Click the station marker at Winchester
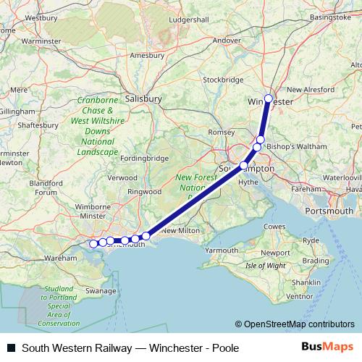[269, 98]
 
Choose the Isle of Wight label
[265, 266]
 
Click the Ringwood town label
[143, 192]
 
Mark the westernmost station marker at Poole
[93, 244]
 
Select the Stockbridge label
[222, 80]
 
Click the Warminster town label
[39, 41]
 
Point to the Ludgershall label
[188, 20]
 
